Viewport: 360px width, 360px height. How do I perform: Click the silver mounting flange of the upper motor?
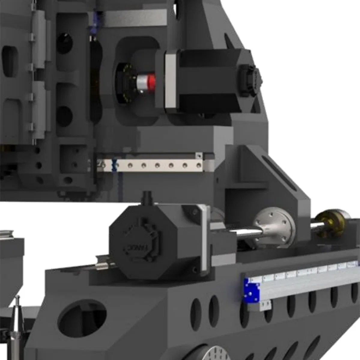click(170, 81)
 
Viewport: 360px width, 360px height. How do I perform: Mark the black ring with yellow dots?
click(126, 83)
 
